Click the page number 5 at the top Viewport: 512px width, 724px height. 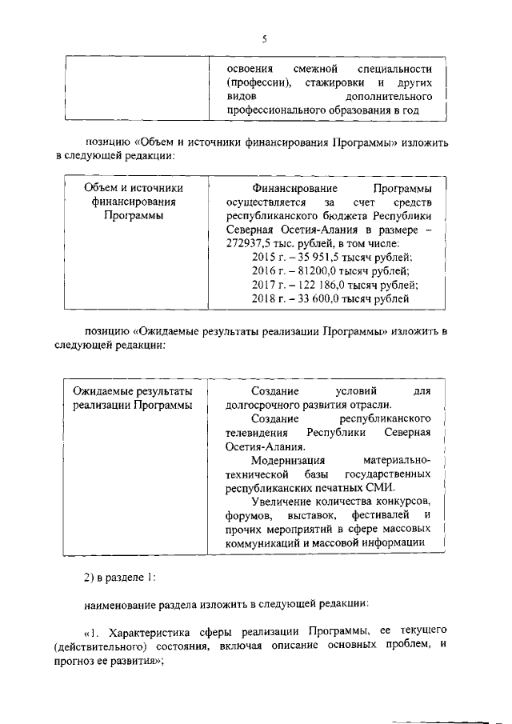click(x=263, y=38)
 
